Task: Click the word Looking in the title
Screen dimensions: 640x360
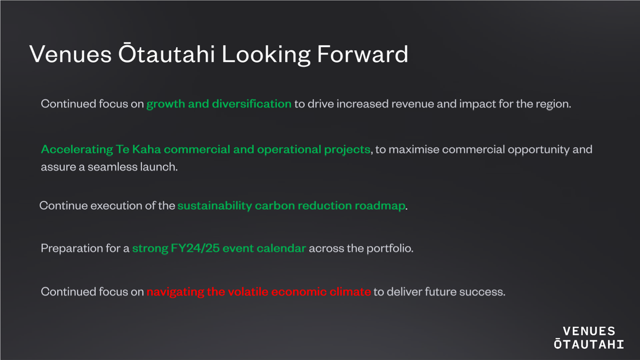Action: pyautogui.click(x=266, y=55)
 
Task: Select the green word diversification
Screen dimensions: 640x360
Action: pyautogui.click(x=252, y=104)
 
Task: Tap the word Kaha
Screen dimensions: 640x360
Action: pyautogui.click(x=146, y=149)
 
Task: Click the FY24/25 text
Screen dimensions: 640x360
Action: pyautogui.click(x=195, y=248)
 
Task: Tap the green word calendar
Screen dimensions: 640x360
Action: pyautogui.click(x=281, y=248)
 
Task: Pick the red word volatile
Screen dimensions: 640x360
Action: pyautogui.click(x=249, y=292)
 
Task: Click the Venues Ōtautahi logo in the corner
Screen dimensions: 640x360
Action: pyautogui.click(x=589, y=338)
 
